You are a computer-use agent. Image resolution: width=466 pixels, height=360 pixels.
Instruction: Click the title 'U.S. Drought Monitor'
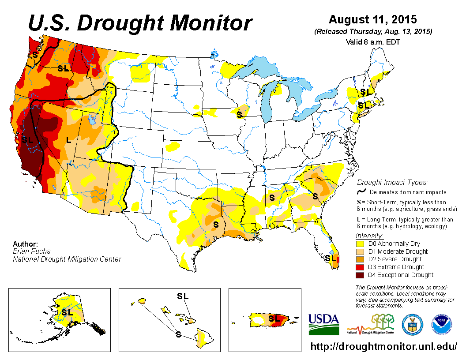[140, 23]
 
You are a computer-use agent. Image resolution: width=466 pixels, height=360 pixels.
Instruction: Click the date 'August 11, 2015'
[373, 20]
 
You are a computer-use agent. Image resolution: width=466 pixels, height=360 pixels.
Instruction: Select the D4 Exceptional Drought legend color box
[360, 275]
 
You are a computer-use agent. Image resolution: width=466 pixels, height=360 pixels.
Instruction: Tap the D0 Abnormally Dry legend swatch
[360, 244]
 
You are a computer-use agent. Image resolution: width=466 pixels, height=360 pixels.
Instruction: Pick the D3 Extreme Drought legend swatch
[360, 267]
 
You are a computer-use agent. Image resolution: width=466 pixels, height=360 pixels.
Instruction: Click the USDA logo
[323, 324]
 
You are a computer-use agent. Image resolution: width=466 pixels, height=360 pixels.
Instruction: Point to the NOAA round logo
[442, 324]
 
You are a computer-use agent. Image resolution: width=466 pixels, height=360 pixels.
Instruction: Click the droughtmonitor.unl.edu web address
[383, 346]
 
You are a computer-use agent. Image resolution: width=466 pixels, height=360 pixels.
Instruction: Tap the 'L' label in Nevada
[68, 140]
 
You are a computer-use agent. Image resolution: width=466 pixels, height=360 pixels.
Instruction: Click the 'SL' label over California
[27, 139]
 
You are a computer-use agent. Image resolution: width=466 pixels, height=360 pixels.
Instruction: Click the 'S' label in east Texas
[216, 225]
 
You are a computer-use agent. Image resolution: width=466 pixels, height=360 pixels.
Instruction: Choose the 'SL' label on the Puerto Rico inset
[274, 318]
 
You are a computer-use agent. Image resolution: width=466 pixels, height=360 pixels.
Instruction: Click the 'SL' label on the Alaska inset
[67, 312]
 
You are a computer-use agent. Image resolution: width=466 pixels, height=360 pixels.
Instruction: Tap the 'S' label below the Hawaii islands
[178, 334]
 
